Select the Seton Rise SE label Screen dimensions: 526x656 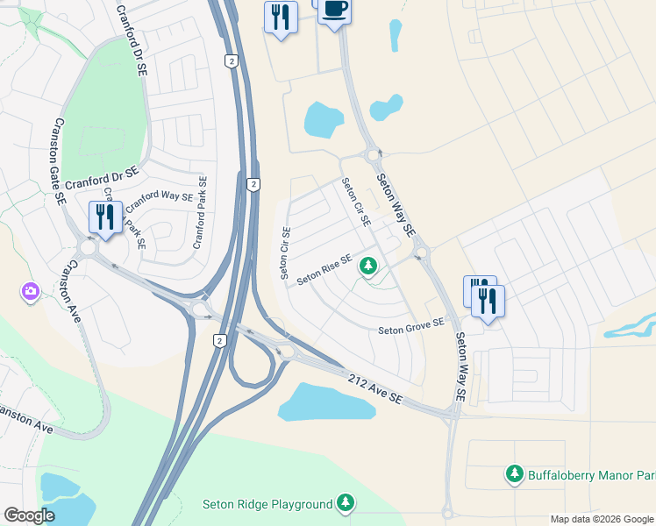pos(324,269)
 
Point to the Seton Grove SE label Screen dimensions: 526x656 pos(411,327)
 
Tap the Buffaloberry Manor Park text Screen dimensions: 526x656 pos(591,475)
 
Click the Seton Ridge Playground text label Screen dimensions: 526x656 pos(267,504)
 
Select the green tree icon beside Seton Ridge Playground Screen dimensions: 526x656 pos(346,503)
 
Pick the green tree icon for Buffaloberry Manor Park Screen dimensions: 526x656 pos(515,474)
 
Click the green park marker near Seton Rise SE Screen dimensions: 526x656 pos(369,264)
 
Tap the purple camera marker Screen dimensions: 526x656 pos(30,291)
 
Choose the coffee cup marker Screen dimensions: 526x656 pos(333,11)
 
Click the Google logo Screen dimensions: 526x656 pos(29,515)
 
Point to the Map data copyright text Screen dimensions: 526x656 pos(602,519)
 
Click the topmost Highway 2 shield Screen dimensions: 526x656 pos(230,60)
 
